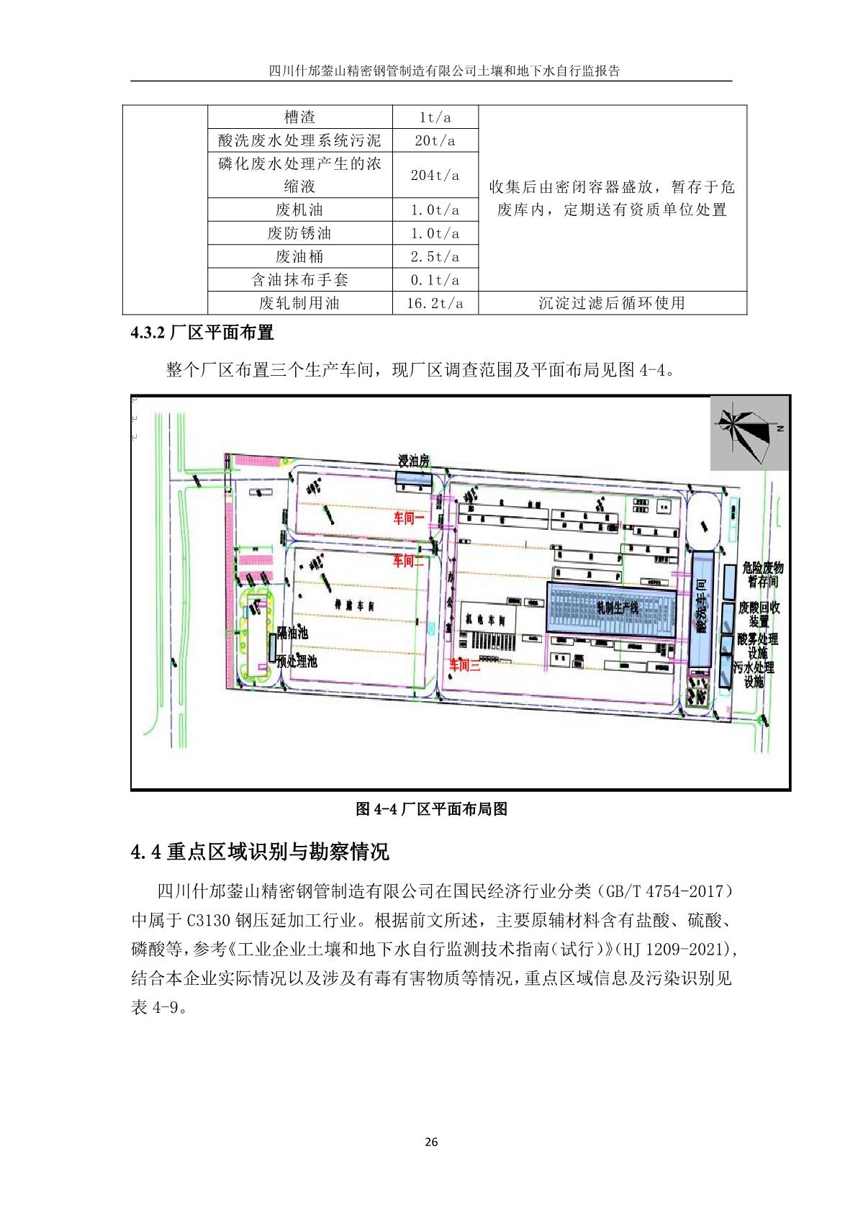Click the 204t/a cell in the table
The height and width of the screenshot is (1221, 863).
click(x=435, y=175)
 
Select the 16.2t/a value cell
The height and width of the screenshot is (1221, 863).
click(x=435, y=303)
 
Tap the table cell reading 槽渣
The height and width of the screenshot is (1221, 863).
click(x=299, y=117)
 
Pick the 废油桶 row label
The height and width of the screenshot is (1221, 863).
click(x=299, y=257)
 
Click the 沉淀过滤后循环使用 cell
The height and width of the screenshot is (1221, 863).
click(x=612, y=303)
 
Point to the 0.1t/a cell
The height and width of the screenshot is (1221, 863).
click(x=435, y=280)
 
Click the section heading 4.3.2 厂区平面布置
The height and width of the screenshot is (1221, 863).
click(x=202, y=333)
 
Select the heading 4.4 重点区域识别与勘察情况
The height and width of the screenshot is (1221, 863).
click(x=260, y=852)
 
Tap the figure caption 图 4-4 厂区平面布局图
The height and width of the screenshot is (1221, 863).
click(x=431, y=809)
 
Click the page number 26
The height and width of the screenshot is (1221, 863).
click(x=431, y=1142)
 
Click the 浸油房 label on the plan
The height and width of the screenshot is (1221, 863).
click(x=414, y=461)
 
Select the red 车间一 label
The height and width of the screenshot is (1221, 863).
click(x=408, y=518)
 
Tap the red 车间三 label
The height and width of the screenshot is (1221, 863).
click(x=465, y=665)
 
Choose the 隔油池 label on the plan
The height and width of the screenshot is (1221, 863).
click(x=293, y=633)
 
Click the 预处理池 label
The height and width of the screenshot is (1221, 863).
click(x=297, y=661)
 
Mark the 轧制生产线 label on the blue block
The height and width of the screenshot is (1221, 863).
click(x=617, y=608)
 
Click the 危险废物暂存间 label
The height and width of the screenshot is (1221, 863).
click(x=762, y=575)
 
